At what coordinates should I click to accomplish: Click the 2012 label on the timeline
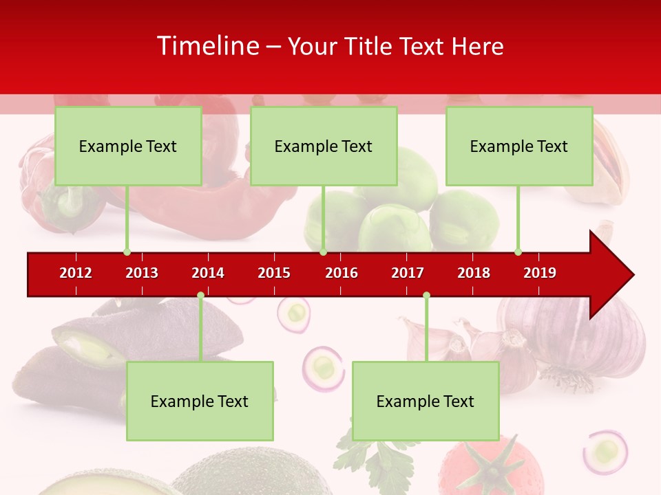click(76, 273)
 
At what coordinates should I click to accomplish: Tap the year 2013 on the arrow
click(142, 273)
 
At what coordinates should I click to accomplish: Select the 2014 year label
click(208, 273)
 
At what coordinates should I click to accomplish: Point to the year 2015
click(274, 273)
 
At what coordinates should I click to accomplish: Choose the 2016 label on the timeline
click(342, 273)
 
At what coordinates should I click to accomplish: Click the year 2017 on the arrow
click(408, 273)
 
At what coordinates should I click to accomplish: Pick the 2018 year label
click(474, 273)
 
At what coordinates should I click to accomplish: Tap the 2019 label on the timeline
click(540, 273)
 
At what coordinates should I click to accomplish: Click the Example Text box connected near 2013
click(128, 146)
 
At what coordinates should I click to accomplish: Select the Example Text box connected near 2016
click(324, 146)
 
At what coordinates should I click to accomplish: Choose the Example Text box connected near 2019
click(519, 146)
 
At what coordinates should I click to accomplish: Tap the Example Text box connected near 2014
click(200, 401)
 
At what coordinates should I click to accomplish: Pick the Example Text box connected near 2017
click(426, 401)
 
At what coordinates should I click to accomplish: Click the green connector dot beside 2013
click(127, 252)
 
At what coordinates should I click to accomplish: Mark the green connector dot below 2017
click(426, 296)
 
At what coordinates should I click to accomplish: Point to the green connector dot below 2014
click(200, 296)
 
